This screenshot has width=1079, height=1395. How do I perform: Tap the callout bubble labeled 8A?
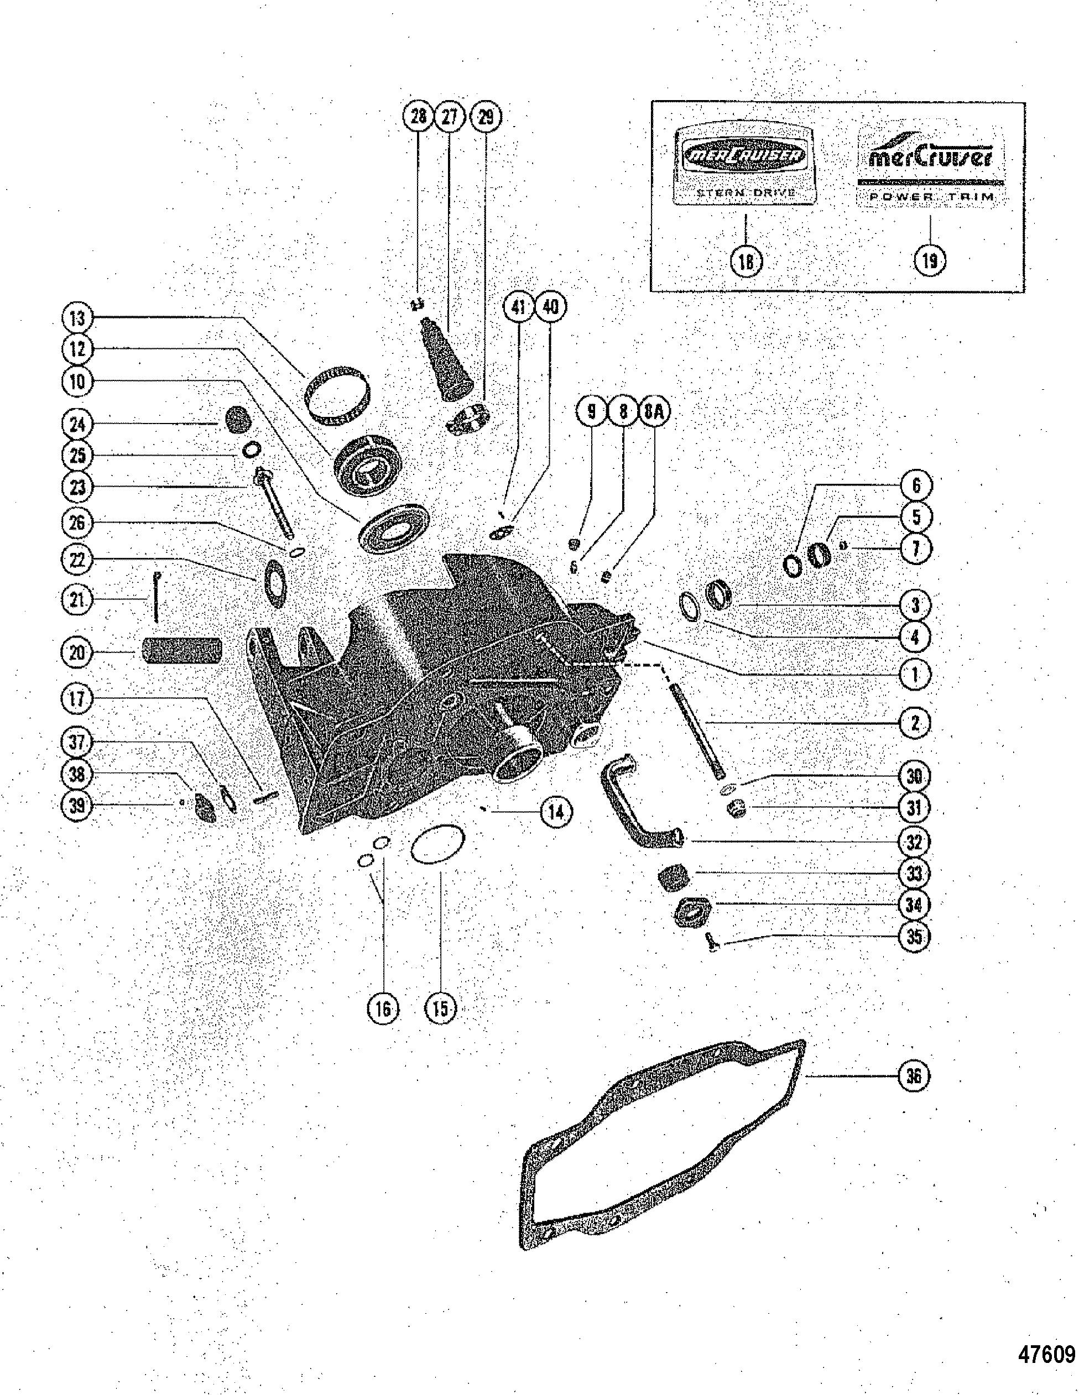(654, 412)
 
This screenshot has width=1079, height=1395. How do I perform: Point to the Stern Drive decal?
(746, 164)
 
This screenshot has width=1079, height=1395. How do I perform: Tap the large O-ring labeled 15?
(437, 844)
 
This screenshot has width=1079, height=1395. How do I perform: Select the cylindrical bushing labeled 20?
(181, 651)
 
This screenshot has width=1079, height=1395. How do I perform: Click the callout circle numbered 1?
(914, 674)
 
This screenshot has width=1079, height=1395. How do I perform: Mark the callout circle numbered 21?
(77, 600)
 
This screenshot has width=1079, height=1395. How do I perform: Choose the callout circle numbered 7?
(914, 548)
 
